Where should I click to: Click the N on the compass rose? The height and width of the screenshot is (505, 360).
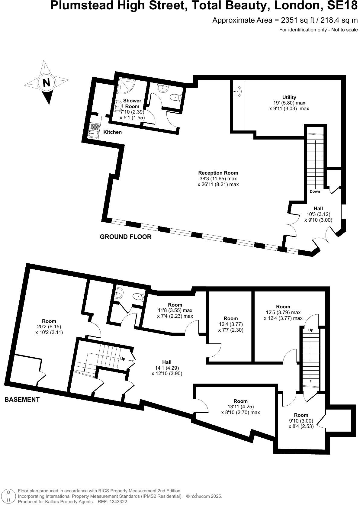coord(46,83)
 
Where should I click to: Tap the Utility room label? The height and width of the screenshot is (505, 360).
coord(289,97)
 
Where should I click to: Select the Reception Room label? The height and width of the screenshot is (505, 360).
coord(218,173)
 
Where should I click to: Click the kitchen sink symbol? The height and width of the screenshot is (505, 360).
coord(94,130)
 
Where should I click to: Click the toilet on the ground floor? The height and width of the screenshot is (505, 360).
coord(176,97)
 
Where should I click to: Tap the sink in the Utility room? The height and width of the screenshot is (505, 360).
coord(237,90)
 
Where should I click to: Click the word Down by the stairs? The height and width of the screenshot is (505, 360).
coord(315,191)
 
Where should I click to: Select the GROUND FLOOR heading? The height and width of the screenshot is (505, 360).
coord(126,237)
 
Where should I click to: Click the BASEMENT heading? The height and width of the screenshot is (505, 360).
coord(22,400)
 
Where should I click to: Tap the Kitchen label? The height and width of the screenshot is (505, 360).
coord(112,132)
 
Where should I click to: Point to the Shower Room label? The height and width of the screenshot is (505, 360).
coord(132,103)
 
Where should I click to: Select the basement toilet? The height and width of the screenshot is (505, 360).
coord(140,297)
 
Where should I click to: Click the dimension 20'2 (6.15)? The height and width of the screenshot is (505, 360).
coord(49,326)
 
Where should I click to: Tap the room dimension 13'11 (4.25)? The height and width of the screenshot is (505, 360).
coord(240,407)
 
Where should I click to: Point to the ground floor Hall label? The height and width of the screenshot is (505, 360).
coord(318,208)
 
